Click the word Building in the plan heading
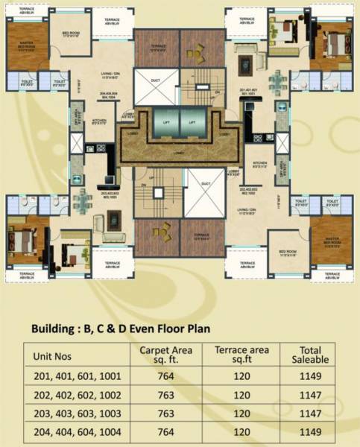(58, 327)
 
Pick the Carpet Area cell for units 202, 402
(165, 394)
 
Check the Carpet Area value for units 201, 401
(165, 376)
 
